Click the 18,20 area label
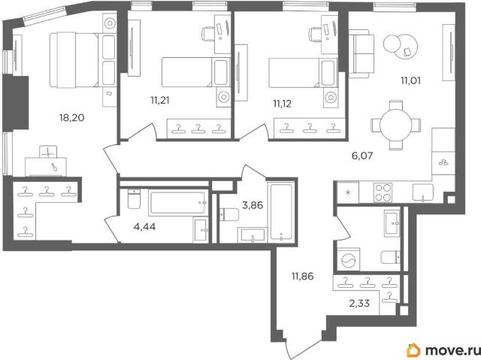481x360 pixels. click(72, 118)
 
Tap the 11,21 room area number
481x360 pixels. click(160, 100)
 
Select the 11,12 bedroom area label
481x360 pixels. click(283, 104)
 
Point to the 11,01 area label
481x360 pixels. click(411, 81)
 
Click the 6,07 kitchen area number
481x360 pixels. click(362, 156)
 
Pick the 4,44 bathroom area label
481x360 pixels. click(144, 227)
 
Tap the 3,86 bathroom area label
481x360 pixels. click(253, 205)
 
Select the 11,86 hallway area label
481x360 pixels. click(303, 277)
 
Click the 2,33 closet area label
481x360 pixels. click(359, 304)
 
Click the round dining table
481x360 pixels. click(396, 125)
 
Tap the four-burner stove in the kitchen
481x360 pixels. click(383, 192)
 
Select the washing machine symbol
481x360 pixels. click(348, 260)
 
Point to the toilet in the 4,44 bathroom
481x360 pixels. click(134, 199)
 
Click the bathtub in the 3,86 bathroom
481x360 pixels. click(281, 212)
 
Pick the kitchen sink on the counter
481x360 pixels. click(422, 192)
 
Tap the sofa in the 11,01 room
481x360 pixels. click(362, 54)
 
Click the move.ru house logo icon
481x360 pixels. click(414, 350)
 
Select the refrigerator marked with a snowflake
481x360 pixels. click(348, 192)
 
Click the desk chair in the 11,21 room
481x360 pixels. click(207, 33)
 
